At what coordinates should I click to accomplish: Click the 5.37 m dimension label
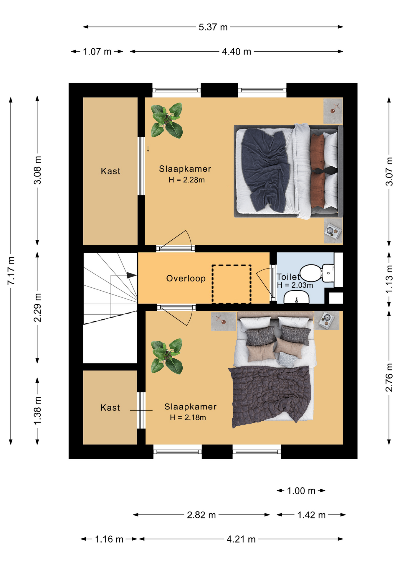[x=213, y=27]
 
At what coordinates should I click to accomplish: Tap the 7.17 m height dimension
[x=11, y=271]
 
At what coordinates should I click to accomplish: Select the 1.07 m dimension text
[x=97, y=52]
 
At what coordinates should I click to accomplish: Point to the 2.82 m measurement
[x=201, y=515]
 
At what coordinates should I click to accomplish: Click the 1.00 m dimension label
[x=301, y=491]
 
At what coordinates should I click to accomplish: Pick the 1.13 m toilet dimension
[x=389, y=279]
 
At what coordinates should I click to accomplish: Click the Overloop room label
[x=186, y=278]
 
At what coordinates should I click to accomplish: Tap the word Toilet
[x=288, y=277]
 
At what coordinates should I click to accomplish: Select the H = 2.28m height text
[x=187, y=180]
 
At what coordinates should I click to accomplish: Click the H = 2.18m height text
[x=188, y=417]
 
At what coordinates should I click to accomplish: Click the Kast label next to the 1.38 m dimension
[x=110, y=408]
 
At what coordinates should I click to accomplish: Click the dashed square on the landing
[x=232, y=284]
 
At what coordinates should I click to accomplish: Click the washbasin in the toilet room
[x=296, y=297]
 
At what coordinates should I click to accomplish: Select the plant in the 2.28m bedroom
[x=167, y=120]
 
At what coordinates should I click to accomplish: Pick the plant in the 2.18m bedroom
[x=167, y=356]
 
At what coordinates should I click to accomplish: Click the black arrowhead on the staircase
[x=131, y=275]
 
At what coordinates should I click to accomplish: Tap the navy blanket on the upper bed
[x=264, y=170]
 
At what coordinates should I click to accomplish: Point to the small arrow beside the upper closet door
[x=148, y=149]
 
